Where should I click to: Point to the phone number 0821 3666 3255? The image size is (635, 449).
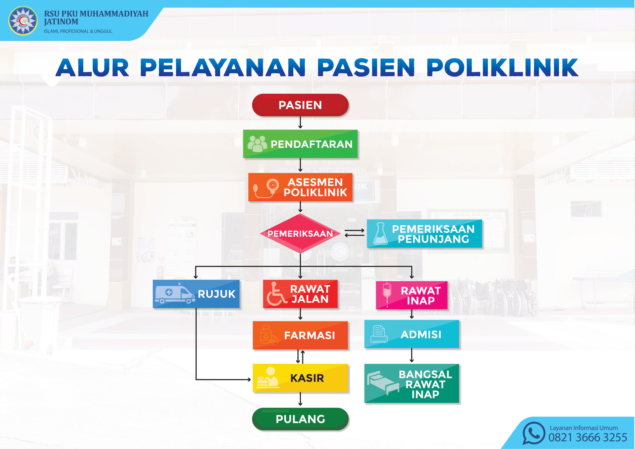tap(588, 437)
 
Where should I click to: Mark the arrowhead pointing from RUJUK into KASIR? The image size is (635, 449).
tap(249, 380)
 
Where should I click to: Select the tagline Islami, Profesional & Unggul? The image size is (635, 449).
tap(78, 31)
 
